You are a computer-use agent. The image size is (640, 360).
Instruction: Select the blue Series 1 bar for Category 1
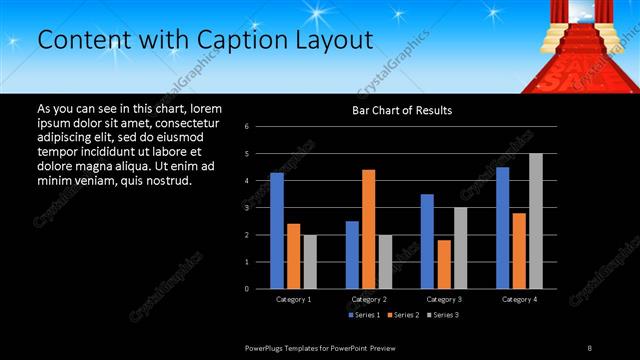[x=277, y=230]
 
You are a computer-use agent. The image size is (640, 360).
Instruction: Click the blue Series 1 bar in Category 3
[x=427, y=241]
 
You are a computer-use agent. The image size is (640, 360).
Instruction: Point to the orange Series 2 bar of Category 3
[x=444, y=264]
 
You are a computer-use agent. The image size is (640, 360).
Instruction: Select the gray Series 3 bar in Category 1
[x=310, y=261]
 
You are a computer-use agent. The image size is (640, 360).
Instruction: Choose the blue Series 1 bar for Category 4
[x=502, y=227]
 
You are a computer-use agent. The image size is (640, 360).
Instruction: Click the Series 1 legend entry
[x=366, y=316]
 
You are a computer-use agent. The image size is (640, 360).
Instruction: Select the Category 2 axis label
[x=369, y=299]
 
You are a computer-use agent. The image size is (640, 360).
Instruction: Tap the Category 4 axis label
[x=519, y=299]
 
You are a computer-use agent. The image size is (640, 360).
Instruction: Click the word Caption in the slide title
[x=243, y=40]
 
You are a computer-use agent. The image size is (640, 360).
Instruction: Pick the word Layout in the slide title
[x=332, y=40]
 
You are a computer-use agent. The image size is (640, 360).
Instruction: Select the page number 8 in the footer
[x=589, y=347]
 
